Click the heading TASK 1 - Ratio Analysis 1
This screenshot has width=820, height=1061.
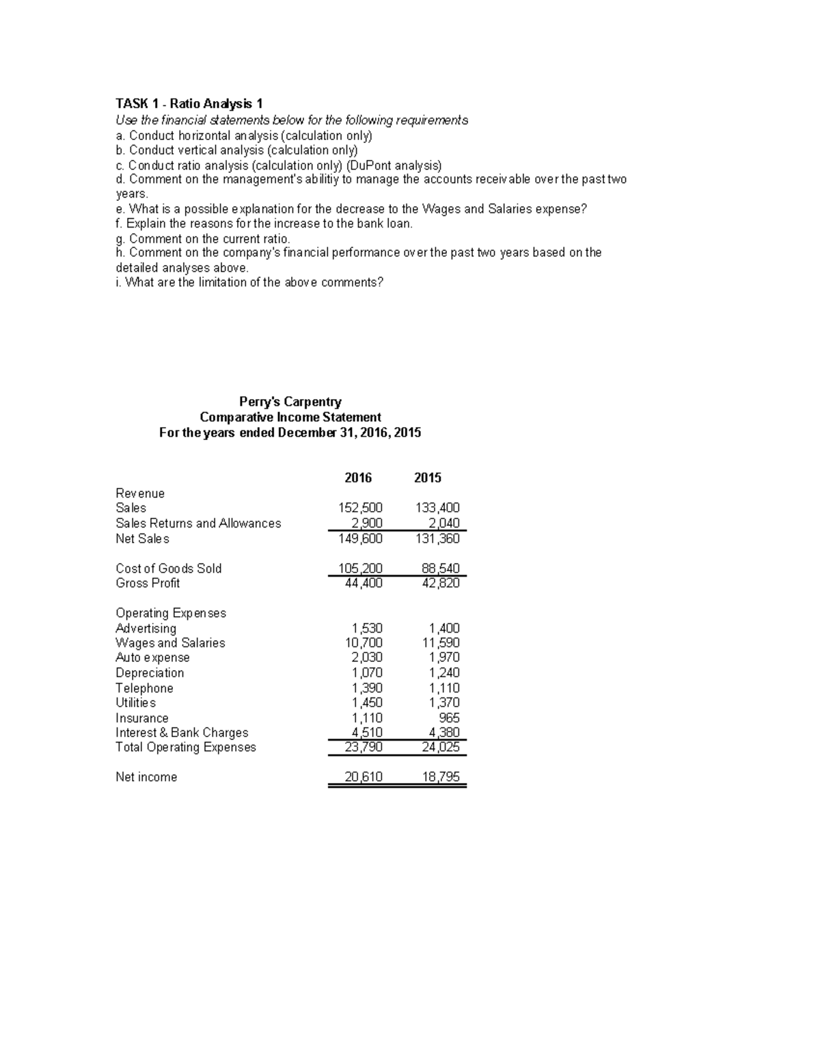[189, 104]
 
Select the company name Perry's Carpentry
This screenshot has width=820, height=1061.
[290, 402]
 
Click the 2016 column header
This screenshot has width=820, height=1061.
[358, 478]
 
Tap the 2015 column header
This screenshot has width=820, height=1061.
[428, 478]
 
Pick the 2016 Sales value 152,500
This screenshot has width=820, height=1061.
[360, 508]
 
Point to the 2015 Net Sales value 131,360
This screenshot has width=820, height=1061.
[437, 538]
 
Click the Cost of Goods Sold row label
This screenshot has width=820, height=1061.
[168, 568]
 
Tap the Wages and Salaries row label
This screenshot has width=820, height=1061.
[170, 643]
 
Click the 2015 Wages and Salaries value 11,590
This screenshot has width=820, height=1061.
[441, 643]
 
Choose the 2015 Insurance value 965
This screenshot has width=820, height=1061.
[450, 718]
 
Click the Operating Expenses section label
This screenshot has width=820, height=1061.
[171, 613]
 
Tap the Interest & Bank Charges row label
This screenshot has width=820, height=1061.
[182, 732]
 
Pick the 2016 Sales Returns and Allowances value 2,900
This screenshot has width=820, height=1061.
[367, 523]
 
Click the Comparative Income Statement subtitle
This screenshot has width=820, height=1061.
[290, 417]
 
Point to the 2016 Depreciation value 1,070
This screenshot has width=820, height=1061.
[367, 673]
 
